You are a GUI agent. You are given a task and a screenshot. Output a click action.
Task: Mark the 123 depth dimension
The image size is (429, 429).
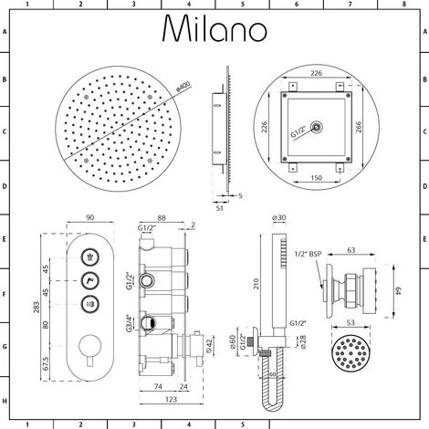[x=170, y=400]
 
